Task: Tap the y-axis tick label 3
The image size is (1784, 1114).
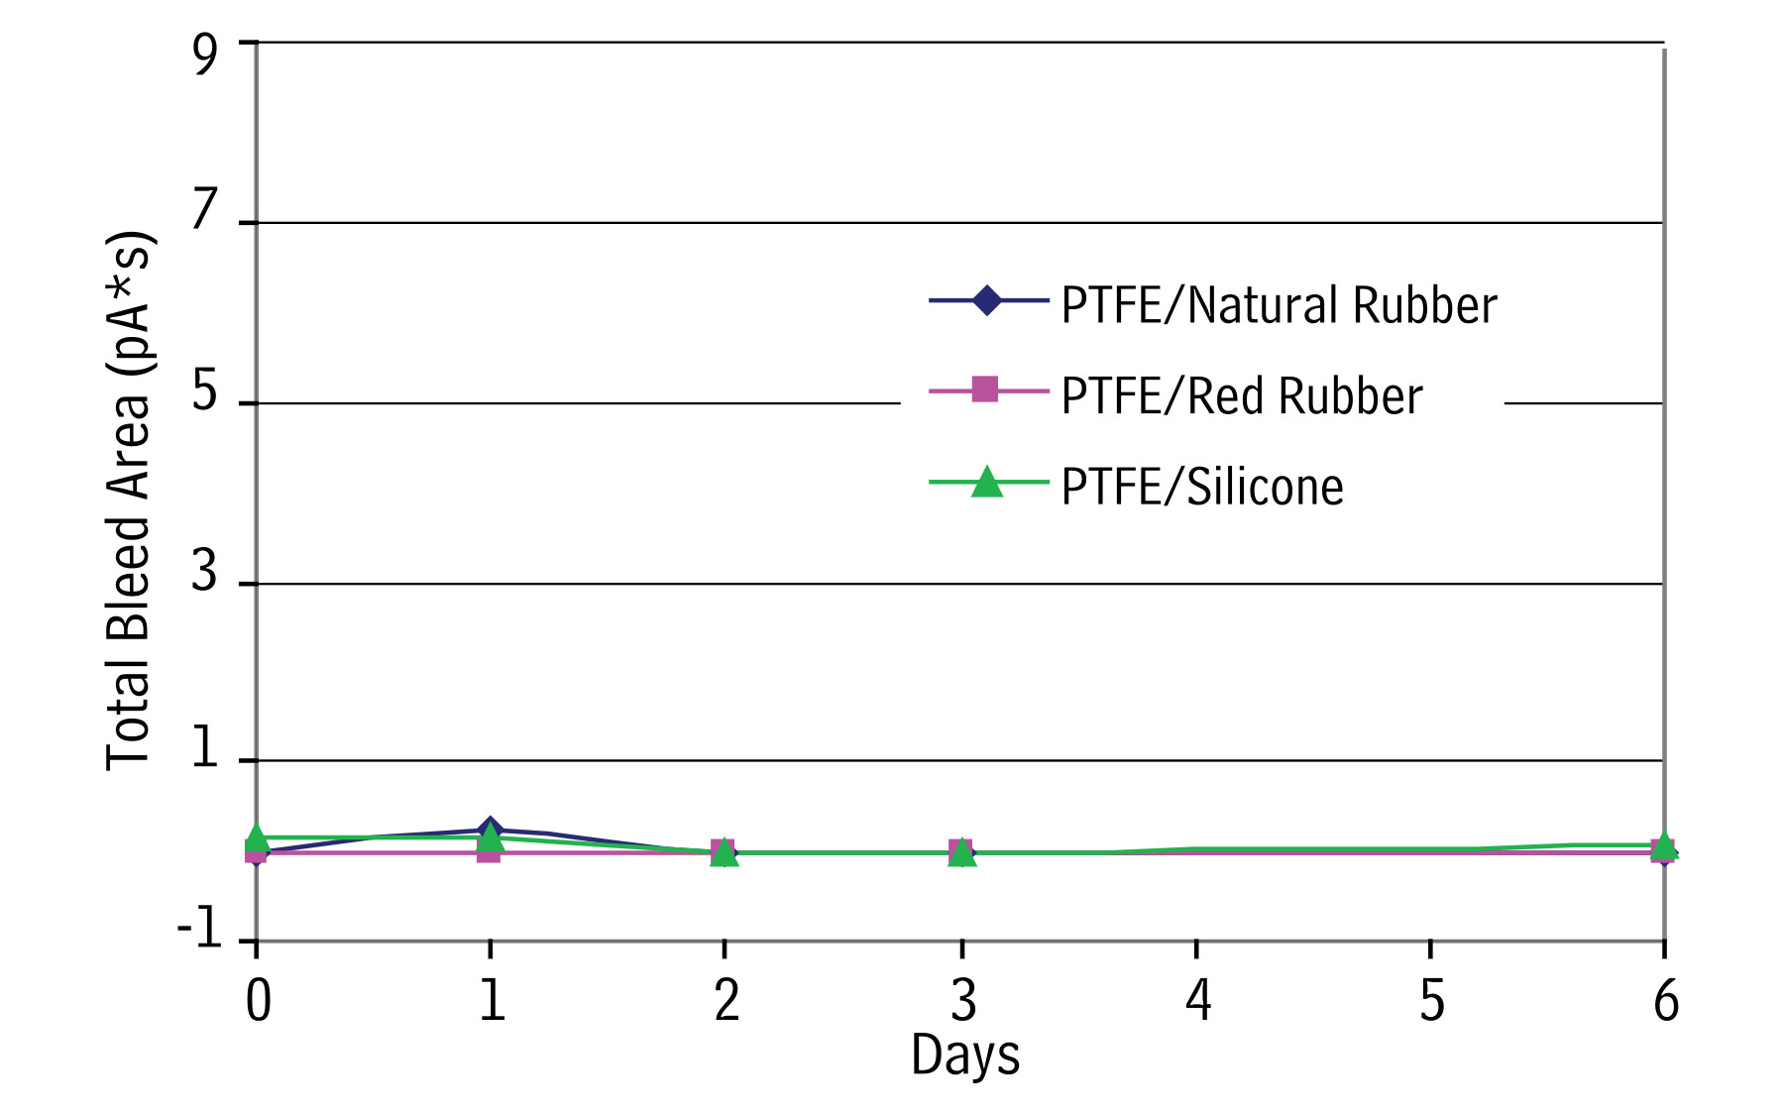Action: tap(205, 571)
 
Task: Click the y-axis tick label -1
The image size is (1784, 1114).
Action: tap(199, 930)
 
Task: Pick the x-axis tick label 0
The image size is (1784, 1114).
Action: tap(259, 1000)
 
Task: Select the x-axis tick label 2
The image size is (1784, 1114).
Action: tap(726, 1000)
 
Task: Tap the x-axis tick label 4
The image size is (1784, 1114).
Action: tap(1198, 1000)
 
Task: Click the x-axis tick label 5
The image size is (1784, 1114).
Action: tap(1432, 1000)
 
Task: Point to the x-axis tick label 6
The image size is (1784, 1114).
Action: tap(1666, 1000)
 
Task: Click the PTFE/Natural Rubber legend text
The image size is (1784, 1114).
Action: tap(1279, 304)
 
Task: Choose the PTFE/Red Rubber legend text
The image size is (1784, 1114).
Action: tap(1242, 395)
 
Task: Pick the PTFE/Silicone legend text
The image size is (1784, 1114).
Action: tap(1202, 487)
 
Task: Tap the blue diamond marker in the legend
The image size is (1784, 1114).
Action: tap(987, 299)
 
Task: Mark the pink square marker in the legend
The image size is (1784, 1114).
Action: tap(985, 390)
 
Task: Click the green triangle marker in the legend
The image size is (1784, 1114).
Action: tap(987, 482)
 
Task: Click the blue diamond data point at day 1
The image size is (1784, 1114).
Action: tap(490, 830)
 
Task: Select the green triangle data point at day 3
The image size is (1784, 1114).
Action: tap(961, 851)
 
